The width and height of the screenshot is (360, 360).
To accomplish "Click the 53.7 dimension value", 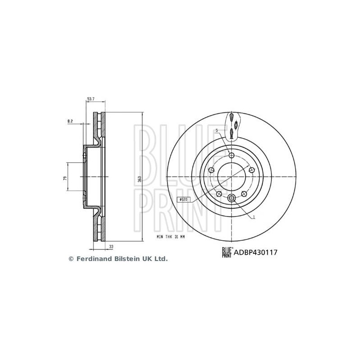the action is [91, 99].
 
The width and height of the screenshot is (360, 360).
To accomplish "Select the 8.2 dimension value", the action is [70, 121].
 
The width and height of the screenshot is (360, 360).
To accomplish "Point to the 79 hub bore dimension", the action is [65, 178].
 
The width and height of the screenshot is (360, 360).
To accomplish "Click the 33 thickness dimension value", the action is [111, 247].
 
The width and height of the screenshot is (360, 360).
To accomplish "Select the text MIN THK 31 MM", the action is [171, 237].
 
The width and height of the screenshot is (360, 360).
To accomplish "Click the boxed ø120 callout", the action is [184, 199].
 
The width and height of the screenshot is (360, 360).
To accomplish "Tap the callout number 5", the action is [216, 130].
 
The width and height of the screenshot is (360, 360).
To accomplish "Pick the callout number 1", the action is [254, 216].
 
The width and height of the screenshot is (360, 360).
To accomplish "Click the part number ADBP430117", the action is [256, 252].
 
